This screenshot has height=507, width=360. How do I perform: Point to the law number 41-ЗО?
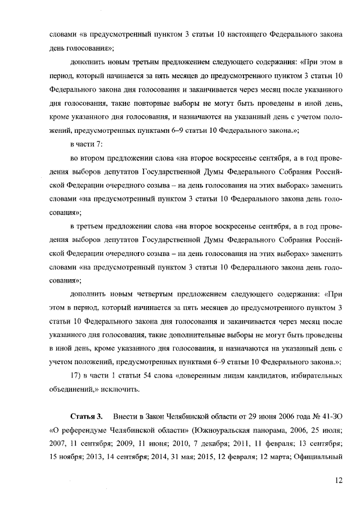332,416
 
